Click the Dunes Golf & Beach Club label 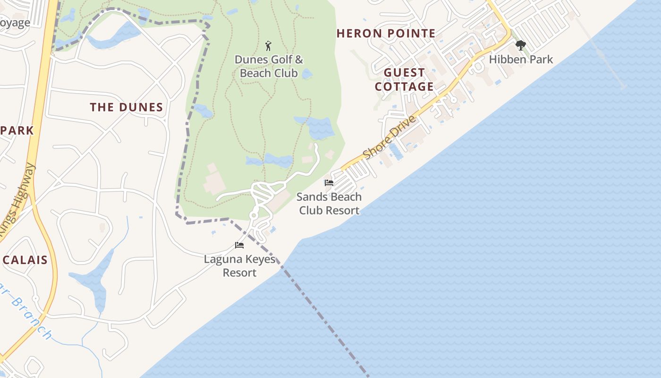tap(269, 66)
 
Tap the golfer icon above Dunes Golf tap(269, 46)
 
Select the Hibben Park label tap(521, 60)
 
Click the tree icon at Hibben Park tap(521, 45)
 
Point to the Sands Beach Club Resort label tap(329, 204)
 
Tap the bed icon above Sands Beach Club tap(329, 183)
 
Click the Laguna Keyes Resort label tap(239, 266)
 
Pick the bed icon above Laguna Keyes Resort tap(239, 245)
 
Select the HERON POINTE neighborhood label tap(386, 34)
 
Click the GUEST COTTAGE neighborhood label tap(404, 80)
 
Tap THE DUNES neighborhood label tap(127, 108)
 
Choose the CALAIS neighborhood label tap(25, 260)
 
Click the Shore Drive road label tap(390, 137)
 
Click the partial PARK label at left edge tap(17, 131)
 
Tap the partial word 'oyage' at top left tap(15, 23)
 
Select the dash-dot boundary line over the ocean tap(326, 321)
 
